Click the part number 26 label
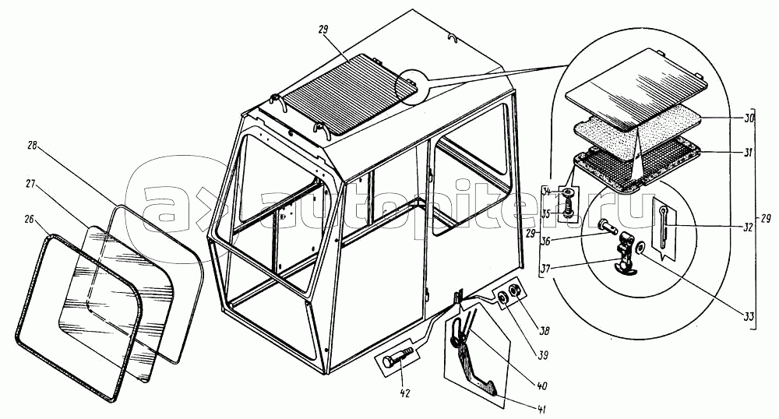[x=30, y=218]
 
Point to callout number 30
[x=749, y=118]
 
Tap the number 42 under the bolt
[x=405, y=393]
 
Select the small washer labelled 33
[x=640, y=245]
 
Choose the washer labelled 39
[x=502, y=298]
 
